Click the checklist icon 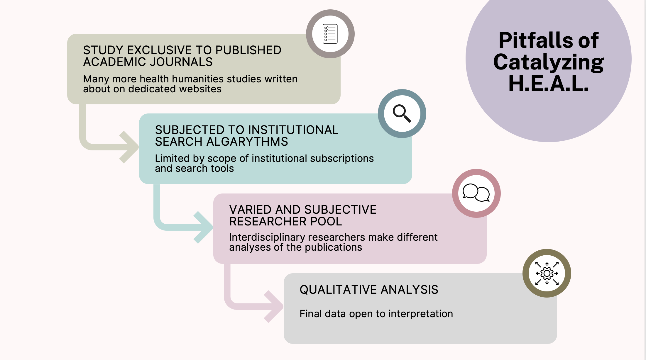(x=330, y=34)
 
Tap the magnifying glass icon (x=402, y=113)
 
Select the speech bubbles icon (x=476, y=193)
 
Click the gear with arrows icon (x=547, y=273)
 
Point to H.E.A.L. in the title (x=549, y=84)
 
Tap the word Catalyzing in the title (x=549, y=62)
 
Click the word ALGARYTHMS (x=247, y=142)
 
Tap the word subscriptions (x=342, y=159)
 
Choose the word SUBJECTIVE (x=340, y=210)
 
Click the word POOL (x=326, y=222)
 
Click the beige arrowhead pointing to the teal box (x=129, y=147)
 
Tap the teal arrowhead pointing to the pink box (x=204, y=227)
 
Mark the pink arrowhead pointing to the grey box (x=274, y=307)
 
